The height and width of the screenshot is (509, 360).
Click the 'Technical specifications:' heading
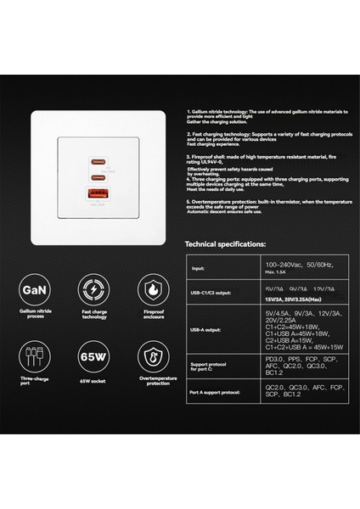pyautogui.click(x=226, y=243)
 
